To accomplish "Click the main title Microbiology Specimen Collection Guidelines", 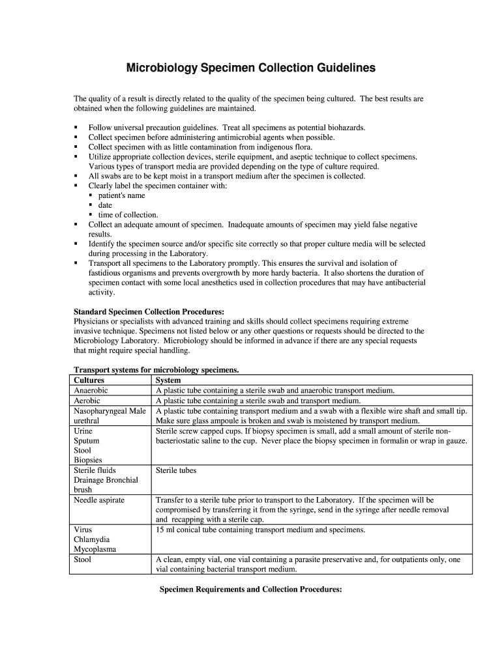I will click(250, 68).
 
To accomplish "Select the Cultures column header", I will click(89, 380).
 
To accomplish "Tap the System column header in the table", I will click(168, 380).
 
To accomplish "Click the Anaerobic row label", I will click(91, 390).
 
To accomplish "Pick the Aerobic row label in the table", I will click(87, 401).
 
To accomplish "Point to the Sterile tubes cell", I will click(176, 470).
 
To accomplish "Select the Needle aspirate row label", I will click(99, 500).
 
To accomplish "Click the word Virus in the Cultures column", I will click(83, 530).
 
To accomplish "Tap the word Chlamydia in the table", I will click(92, 540).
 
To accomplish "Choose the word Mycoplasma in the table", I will click(95, 550).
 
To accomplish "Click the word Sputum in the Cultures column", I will click(87, 441).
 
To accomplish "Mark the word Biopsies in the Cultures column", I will click(89, 461).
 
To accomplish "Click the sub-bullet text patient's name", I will click(122, 195).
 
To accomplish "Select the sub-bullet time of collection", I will click(128, 215).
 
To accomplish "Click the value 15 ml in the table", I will click(165, 530).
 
